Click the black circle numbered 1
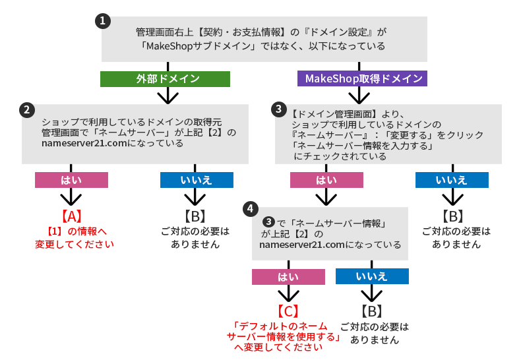click(102, 21)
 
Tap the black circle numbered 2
click(27, 109)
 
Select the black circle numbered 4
click(249, 209)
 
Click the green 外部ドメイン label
click(165, 79)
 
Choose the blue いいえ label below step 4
click(372, 276)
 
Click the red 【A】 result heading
click(71, 216)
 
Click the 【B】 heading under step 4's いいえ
click(372, 311)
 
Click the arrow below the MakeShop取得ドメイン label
click(360, 96)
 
